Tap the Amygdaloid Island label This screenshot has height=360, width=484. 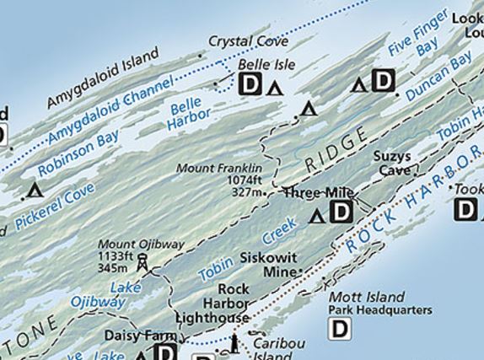point(102,78)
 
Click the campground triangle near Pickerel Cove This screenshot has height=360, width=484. point(34,190)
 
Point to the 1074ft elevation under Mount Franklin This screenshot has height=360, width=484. point(242,180)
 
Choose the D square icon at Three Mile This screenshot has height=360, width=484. point(341,212)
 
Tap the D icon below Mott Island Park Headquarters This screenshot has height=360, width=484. point(339,329)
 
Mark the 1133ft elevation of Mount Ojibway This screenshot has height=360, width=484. point(116,255)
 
